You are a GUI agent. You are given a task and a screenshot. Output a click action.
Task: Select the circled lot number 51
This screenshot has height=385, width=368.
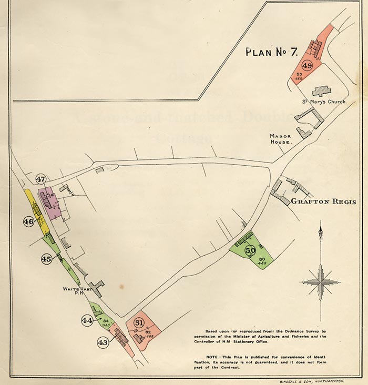click(139, 322)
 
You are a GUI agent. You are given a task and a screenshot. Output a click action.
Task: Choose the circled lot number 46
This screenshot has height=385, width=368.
click(28, 222)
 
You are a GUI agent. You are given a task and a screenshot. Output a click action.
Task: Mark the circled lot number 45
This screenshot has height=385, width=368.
click(46, 259)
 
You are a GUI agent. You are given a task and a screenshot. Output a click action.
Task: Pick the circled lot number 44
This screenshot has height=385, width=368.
click(87, 319)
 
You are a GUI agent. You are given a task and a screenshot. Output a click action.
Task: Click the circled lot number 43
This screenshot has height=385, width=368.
click(103, 342)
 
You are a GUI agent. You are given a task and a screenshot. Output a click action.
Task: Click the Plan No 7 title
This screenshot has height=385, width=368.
click(272, 52)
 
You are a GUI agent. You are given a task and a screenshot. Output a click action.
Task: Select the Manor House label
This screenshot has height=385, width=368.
click(281, 139)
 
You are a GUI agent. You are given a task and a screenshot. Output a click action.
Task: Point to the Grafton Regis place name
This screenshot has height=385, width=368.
click(323, 201)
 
